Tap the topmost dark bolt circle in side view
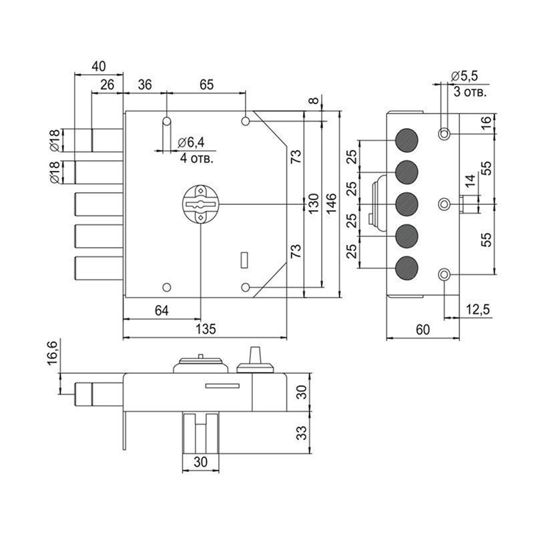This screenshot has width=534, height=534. (406, 141)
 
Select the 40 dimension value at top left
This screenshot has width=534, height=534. (97, 66)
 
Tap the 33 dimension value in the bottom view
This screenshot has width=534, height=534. (302, 433)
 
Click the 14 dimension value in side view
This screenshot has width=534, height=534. (470, 180)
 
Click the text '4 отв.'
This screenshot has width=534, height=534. (198, 159)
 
